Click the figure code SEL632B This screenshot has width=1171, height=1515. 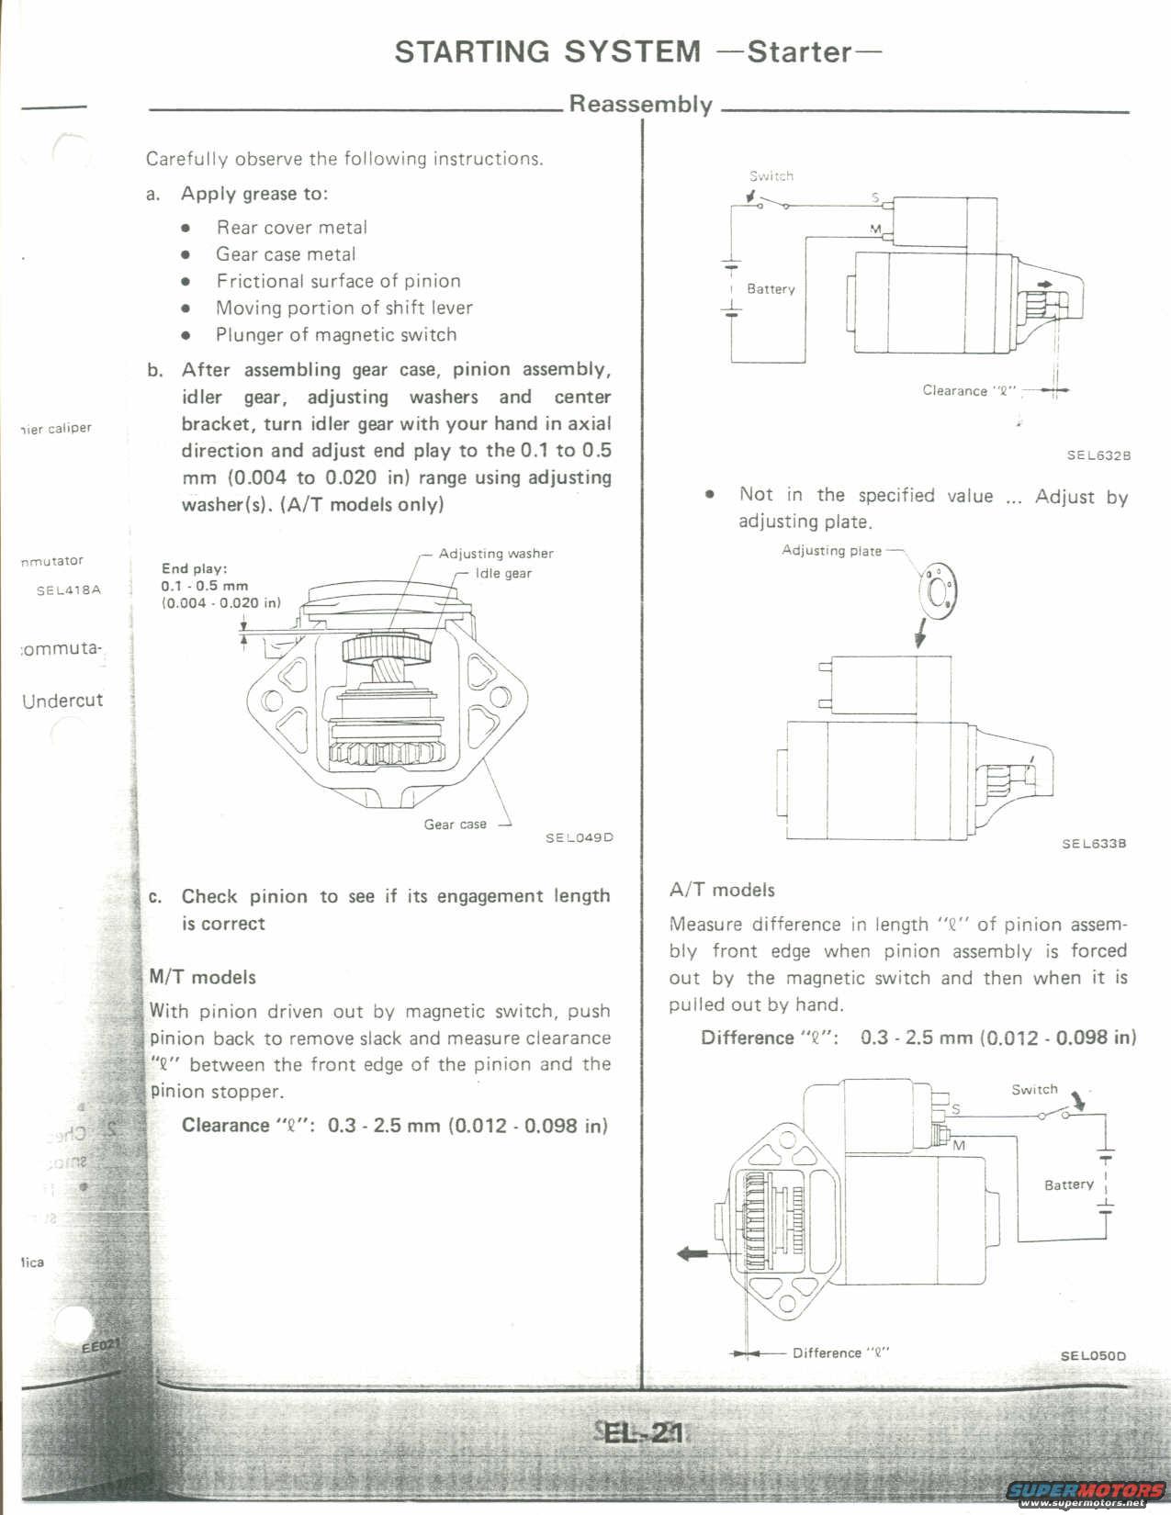[x=1098, y=454]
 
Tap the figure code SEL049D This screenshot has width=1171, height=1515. [x=579, y=837]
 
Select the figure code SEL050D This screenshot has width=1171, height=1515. [x=1093, y=1355]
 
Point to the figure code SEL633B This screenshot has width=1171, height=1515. [x=1094, y=844]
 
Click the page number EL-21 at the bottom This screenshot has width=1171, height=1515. [x=642, y=1432]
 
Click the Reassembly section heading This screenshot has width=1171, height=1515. [x=640, y=104]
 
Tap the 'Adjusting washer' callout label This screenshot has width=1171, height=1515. [x=496, y=554]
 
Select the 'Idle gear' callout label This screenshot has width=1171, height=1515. [x=503, y=574]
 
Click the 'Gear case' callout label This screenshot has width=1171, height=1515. [x=455, y=825]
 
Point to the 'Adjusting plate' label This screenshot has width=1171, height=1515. [x=831, y=551]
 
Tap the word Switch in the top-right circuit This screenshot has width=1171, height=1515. [x=771, y=176]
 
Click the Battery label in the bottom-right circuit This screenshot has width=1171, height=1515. [x=1069, y=1184]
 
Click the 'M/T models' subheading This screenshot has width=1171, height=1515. [x=203, y=977]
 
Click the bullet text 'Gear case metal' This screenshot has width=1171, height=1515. [x=286, y=254]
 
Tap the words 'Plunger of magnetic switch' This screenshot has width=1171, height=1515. [x=336, y=335]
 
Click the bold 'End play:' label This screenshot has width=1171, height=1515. [x=194, y=568]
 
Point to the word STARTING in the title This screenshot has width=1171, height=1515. [x=469, y=51]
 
